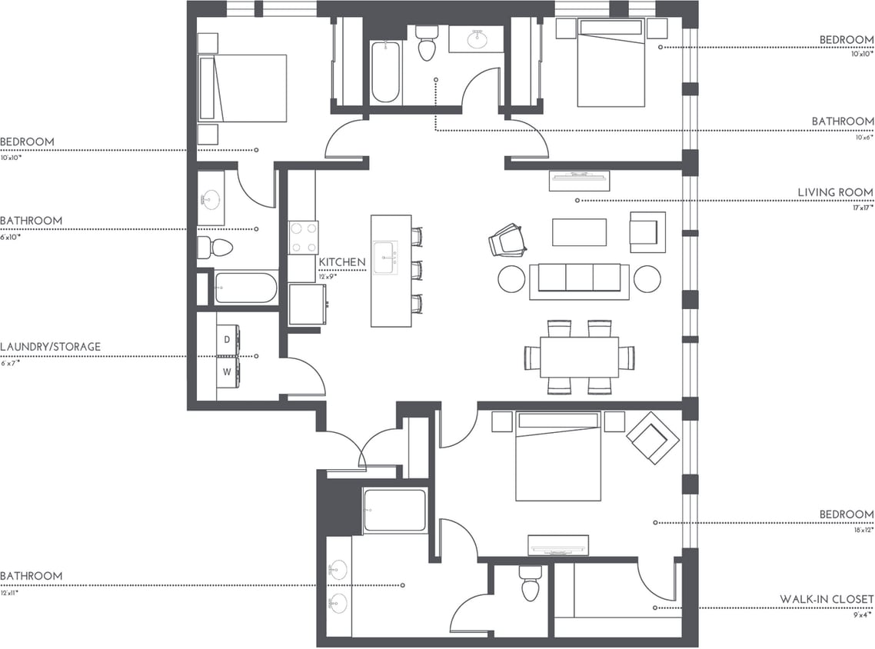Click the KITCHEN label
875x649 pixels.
342,262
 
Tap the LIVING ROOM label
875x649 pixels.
835,192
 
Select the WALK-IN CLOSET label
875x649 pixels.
827,599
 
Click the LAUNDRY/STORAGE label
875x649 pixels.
50,347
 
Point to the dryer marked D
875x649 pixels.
228,338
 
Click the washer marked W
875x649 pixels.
228,372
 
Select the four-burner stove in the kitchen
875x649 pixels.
303,238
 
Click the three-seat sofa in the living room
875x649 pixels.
579,278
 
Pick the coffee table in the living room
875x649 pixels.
579,232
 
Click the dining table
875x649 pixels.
579,357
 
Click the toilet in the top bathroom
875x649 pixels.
426,44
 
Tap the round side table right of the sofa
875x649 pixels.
647,278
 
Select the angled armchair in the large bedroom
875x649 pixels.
653,438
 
